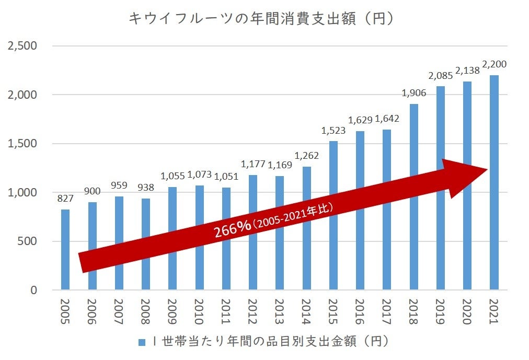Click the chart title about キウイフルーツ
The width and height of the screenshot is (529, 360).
(261, 18)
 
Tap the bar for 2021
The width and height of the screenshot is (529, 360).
(494, 182)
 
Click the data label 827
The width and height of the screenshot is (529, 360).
(65, 199)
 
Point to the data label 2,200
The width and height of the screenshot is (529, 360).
(494, 65)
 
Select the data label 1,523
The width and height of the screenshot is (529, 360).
(333, 131)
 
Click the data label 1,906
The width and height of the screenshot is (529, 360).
(413, 94)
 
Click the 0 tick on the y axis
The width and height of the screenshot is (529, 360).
(33, 290)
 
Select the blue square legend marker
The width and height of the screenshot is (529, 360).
(141, 342)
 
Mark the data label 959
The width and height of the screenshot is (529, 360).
(119, 186)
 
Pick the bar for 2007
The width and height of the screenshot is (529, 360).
(119, 243)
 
